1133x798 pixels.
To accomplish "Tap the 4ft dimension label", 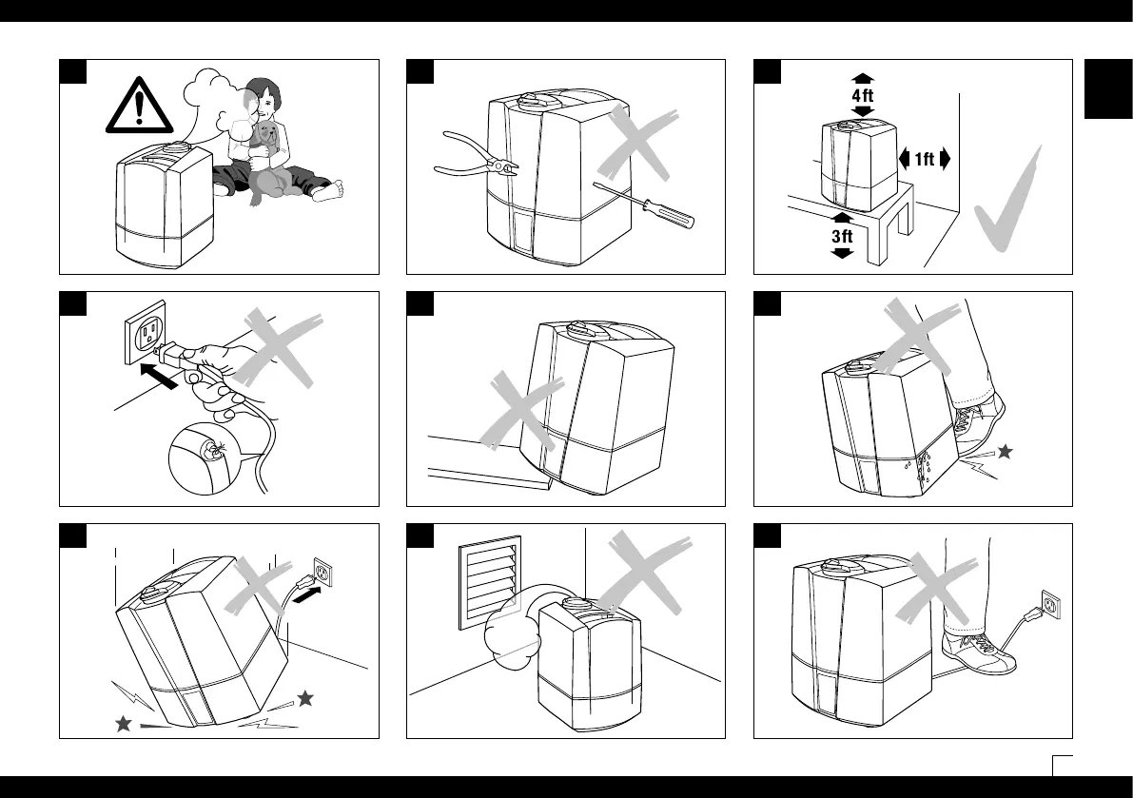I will tap(862, 95).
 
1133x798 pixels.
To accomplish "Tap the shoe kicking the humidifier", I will tap(980, 423).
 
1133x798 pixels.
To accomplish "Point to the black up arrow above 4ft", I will tap(862, 77).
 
